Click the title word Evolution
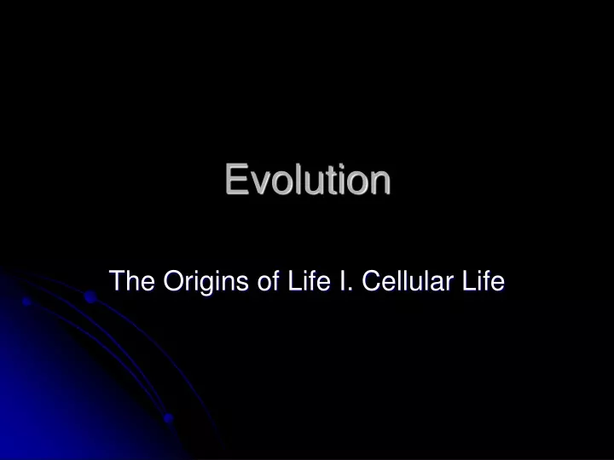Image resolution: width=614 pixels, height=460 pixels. point(308,179)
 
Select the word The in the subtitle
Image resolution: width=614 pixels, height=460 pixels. point(132,280)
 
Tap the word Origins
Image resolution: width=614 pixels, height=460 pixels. point(206,282)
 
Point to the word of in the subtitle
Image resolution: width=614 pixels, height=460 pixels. point(268,280)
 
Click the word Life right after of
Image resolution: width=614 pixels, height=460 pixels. point(309,280)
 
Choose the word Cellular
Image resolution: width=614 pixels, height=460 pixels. point(408,280)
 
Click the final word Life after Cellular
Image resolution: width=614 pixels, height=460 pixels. point(484,280)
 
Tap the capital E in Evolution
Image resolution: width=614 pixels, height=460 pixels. point(237,179)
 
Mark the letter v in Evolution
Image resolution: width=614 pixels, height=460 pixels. point(260,183)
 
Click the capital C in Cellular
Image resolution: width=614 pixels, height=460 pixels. point(372,280)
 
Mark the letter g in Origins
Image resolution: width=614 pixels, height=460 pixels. point(206,285)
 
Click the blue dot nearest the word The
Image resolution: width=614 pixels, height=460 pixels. point(90,296)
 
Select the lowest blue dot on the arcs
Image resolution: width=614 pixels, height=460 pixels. point(168,418)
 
